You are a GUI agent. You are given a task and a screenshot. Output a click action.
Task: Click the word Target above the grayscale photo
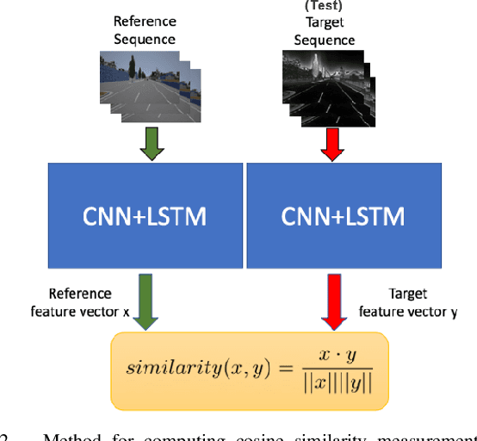point(324,23)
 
